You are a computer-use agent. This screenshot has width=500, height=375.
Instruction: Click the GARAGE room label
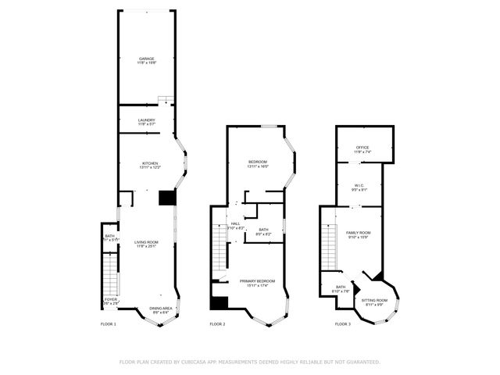146,59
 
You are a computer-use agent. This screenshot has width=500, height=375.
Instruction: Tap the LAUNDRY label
146,120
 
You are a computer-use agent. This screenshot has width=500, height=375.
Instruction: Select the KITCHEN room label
149,163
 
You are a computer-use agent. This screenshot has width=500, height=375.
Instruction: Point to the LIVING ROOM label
146,243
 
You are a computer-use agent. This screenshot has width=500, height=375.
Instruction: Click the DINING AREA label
161,308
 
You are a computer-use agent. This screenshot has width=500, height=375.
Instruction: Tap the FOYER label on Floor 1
110,299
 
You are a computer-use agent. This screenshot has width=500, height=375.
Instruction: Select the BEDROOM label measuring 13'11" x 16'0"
257,162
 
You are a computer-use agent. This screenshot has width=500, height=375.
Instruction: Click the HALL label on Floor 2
236,224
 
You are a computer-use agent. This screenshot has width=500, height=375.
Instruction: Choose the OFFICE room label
362,147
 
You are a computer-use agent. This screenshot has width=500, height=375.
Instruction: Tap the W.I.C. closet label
359,186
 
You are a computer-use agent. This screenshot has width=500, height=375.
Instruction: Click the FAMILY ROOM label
359,233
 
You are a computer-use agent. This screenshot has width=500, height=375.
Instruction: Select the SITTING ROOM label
374,300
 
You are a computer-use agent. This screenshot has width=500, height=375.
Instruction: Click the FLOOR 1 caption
109,323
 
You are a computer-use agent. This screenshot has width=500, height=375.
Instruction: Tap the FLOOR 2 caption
217,323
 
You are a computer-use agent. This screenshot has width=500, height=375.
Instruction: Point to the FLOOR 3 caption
343,323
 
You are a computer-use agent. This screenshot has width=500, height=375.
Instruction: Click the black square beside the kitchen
166,198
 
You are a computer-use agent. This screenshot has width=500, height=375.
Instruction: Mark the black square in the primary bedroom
219,302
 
